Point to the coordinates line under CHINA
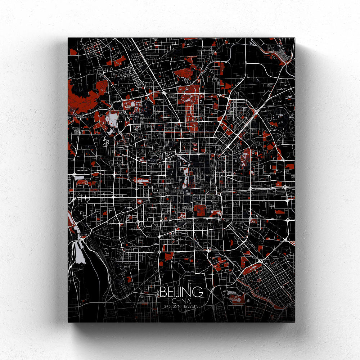click(181, 306)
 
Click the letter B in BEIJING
click(163, 292)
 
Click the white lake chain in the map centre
click(186, 173)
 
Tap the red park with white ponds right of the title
click(236, 295)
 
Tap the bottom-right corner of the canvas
click(295, 322)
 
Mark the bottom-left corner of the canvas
click(68, 322)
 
